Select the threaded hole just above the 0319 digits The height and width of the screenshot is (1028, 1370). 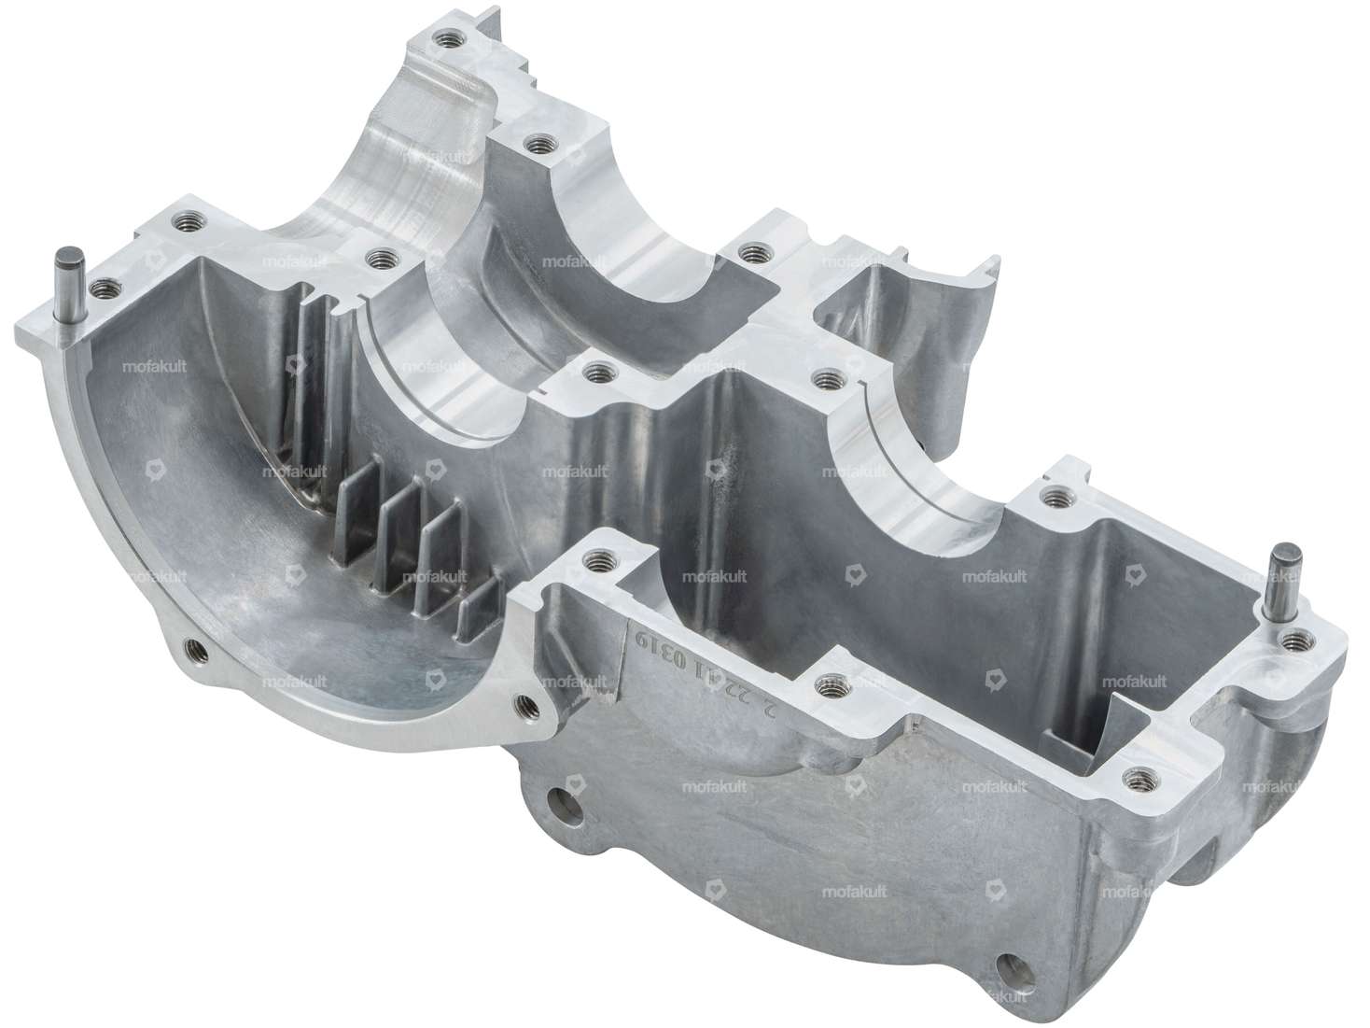coord(594,562)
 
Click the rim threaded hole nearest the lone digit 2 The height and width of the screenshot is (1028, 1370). coord(825,686)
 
